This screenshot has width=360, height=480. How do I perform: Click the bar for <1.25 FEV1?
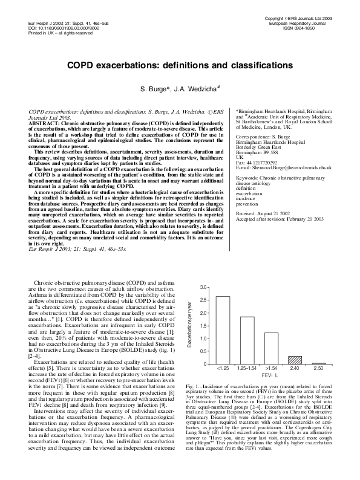223,330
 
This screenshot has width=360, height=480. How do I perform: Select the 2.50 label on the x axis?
318,368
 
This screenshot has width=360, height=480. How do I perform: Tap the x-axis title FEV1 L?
270,376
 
